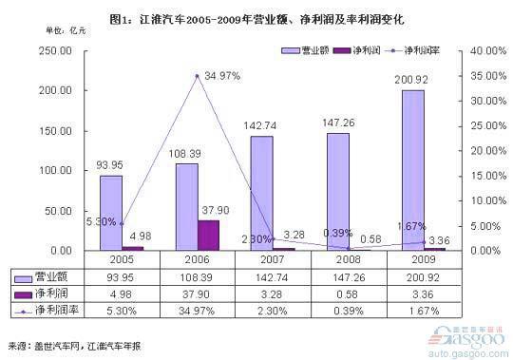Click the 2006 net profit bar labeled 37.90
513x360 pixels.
tap(207, 235)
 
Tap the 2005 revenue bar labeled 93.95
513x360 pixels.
tap(111, 213)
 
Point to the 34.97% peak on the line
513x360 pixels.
tap(197, 75)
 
